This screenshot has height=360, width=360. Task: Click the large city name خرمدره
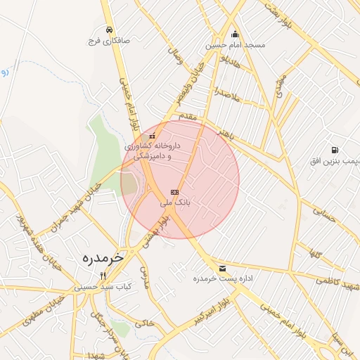click(103, 257)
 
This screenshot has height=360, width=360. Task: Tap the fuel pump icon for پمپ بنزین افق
click(333, 150)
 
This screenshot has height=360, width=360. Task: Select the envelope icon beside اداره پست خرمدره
click(223, 269)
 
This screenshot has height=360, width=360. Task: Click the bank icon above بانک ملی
click(174, 192)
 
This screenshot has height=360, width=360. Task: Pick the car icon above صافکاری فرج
click(110, 30)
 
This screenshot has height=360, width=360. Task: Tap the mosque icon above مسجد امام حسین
click(235, 34)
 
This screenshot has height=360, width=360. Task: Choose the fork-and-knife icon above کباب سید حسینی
click(103, 275)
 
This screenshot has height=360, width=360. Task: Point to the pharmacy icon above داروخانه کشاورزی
click(153, 135)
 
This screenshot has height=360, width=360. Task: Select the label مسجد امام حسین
click(235, 45)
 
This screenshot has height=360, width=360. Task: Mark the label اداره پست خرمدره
click(223, 278)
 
